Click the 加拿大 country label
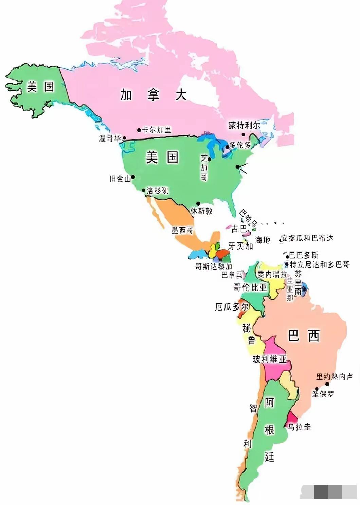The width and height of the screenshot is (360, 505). (153, 95)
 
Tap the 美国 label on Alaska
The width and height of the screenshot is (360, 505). (40, 87)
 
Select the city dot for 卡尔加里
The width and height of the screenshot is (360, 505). (139, 130)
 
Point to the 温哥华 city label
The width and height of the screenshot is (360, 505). (110, 138)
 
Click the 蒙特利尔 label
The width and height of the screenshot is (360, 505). (244, 125)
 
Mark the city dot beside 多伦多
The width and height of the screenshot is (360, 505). (227, 147)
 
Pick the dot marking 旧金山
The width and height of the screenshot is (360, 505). (133, 177)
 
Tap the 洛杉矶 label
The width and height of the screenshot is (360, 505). (158, 190)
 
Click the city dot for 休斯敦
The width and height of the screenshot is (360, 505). (198, 204)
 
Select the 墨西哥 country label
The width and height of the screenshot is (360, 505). (182, 230)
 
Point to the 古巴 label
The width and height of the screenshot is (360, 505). (239, 229)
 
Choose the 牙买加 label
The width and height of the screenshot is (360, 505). (240, 246)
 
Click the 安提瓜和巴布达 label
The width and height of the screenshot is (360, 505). (307, 238)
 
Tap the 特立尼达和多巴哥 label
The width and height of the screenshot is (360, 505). (320, 264)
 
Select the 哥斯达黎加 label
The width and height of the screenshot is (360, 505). (214, 266)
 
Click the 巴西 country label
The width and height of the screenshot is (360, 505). (304, 336)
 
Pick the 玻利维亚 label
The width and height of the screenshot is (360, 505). (270, 359)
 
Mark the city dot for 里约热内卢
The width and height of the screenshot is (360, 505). (327, 384)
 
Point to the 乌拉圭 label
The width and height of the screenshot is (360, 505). (299, 427)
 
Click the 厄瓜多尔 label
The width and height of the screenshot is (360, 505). (232, 307)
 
